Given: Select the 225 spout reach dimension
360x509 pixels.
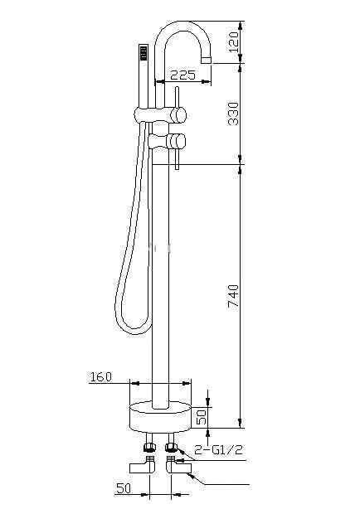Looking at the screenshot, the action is coord(183,75).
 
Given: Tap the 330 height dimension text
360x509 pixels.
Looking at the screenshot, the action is coord(233,114).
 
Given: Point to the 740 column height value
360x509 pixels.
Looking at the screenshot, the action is coord(233,296).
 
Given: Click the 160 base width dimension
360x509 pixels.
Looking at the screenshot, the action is coord(100,377).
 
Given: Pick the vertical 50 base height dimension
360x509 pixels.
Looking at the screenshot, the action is coord(202,417).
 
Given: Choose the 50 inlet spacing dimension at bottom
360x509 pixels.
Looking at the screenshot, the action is coord(124,488).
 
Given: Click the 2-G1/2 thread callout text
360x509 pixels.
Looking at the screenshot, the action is coord(218,450).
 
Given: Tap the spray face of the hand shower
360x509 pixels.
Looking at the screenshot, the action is coord(144,52).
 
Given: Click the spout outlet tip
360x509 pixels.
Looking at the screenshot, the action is coord(207,60).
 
